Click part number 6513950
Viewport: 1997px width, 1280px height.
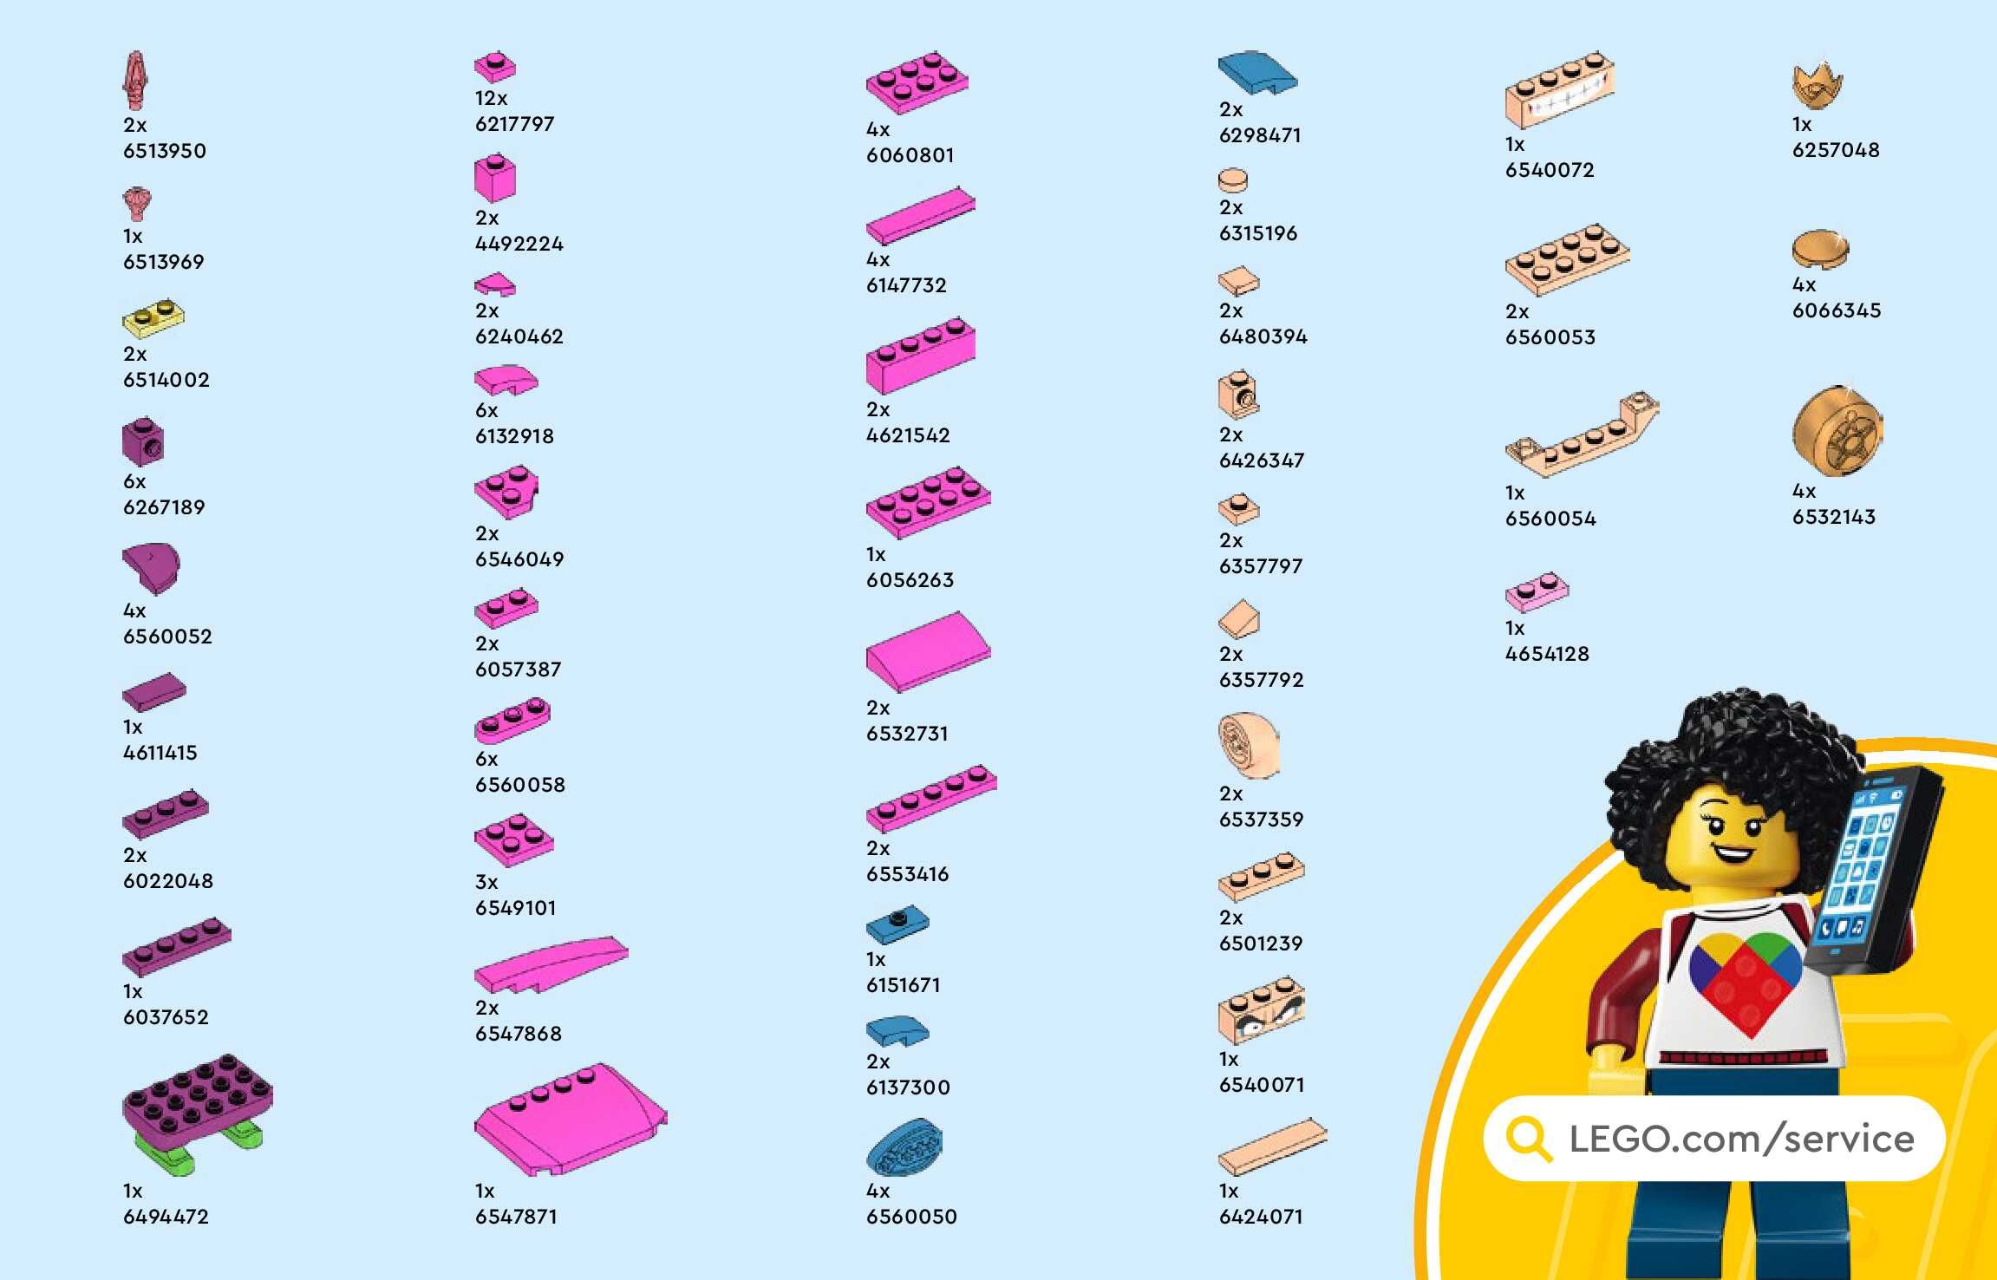[x=165, y=151]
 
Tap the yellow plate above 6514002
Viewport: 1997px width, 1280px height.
[x=153, y=318]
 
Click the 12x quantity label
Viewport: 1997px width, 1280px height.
[x=491, y=98]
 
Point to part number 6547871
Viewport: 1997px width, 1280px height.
[x=516, y=1217]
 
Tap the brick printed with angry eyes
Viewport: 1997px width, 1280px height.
[x=1262, y=1010]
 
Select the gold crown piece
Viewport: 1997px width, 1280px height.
[x=1817, y=85]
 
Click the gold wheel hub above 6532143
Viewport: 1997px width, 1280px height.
[x=1837, y=431]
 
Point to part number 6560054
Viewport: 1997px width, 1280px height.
[x=1550, y=519]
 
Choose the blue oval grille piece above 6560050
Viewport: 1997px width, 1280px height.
[x=904, y=1146]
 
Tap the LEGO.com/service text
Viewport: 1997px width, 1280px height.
[x=1741, y=1139]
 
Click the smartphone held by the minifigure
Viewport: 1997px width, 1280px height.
[x=1873, y=867]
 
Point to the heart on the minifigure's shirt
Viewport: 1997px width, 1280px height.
[x=1745, y=980]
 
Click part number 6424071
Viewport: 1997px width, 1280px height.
[x=1261, y=1217]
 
